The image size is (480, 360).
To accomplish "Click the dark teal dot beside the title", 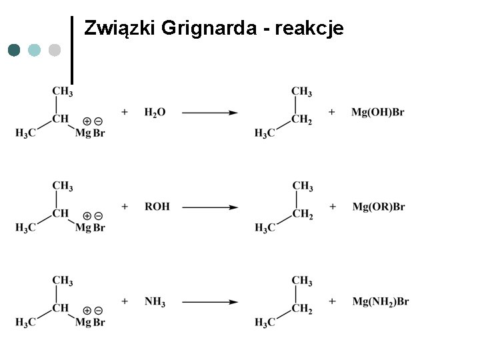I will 15,50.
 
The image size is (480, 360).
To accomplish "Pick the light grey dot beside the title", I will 55,50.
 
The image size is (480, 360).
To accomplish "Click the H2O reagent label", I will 155,113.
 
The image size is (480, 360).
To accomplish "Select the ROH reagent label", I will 157,207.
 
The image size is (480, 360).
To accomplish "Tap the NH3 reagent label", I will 155,302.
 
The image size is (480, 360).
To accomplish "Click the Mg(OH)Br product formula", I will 377,113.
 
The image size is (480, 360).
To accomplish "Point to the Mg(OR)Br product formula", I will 378,207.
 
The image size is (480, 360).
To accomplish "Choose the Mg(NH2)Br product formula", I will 380,302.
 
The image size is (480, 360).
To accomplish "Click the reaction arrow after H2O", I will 209,113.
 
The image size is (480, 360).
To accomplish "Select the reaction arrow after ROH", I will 209,207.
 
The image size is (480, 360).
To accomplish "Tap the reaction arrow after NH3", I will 209,302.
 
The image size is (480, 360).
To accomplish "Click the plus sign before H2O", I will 125,112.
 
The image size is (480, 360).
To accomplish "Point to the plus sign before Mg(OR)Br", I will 332,207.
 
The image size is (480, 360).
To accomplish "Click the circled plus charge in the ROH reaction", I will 87,216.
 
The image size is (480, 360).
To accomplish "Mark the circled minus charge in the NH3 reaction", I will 98,311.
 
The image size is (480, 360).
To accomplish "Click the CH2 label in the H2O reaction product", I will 301,120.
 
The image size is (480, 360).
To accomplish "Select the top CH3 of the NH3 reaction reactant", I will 62,281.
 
